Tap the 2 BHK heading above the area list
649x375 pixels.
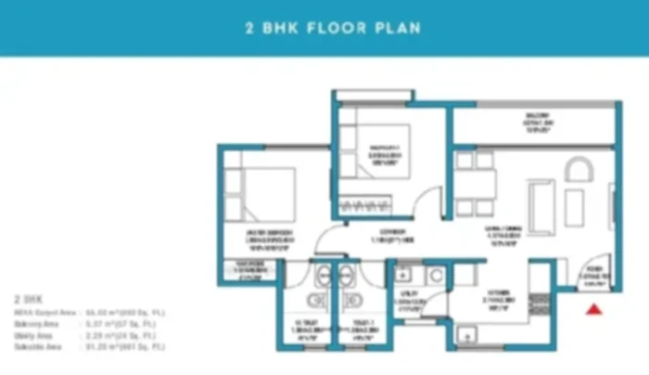tap(29, 301)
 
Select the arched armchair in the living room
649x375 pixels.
tap(578, 172)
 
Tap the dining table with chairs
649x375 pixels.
tap(473, 184)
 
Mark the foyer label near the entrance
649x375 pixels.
tap(594, 278)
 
